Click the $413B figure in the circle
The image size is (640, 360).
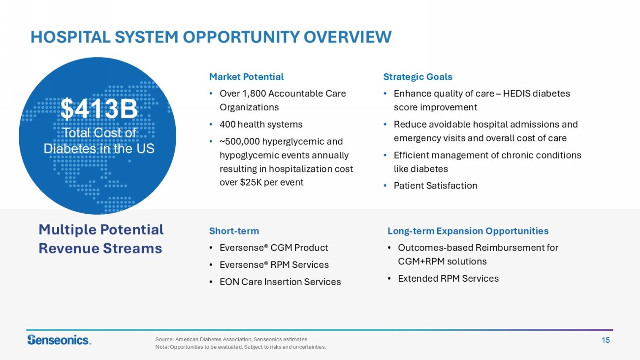99,109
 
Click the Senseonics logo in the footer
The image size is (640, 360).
60,340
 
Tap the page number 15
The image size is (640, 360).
606,340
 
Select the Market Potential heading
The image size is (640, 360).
246,77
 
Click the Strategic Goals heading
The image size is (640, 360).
417,77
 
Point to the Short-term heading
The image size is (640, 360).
234,231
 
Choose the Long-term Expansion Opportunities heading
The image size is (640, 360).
468,231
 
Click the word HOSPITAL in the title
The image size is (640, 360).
70,37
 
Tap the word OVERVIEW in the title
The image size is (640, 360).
348,37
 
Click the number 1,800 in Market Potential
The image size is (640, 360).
254,94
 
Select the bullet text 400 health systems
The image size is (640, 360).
261,125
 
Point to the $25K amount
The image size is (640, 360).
251,182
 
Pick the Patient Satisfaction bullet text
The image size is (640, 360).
435,186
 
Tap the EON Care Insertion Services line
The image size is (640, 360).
280,282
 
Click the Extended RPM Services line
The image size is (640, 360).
448,279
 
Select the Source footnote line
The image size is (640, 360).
231,339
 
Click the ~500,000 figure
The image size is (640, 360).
239,142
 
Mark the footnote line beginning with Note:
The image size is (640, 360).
240,347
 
